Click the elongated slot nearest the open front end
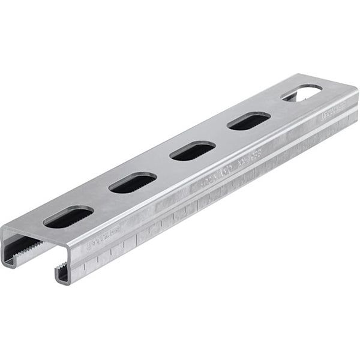68,217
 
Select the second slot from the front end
133,182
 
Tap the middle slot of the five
193,150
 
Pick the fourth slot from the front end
248,121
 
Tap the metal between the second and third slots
163,166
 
